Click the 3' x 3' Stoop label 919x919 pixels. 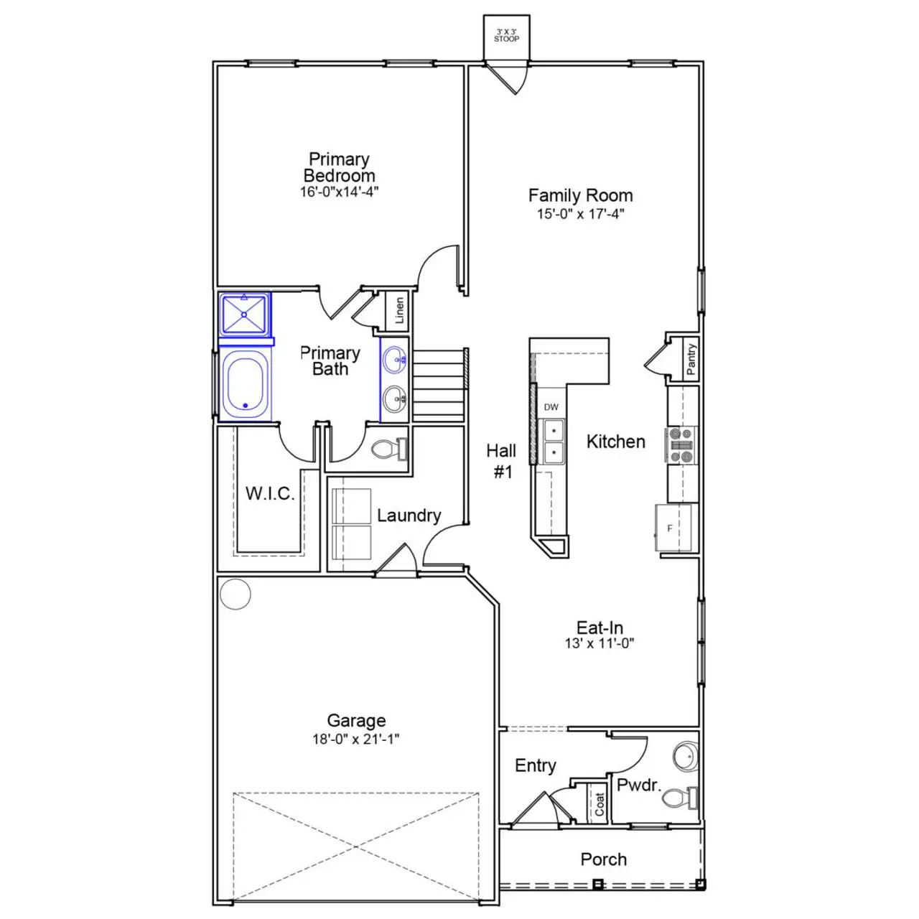click(506, 35)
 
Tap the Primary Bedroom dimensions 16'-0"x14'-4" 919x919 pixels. click(339, 192)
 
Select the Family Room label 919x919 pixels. click(580, 195)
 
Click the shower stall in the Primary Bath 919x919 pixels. click(246, 314)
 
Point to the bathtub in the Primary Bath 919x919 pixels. click(246, 383)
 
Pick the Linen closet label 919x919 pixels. click(399, 311)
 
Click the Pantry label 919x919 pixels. click(690, 359)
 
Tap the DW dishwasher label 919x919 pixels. click(551, 407)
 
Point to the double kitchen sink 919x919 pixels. click(553, 442)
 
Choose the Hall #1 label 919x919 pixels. click(501, 460)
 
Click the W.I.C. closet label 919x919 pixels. click(270, 494)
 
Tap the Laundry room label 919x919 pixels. click(409, 516)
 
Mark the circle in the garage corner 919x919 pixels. click(235, 594)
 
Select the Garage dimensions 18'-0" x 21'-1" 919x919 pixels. click(356, 740)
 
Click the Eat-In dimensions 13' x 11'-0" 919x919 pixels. click(600, 643)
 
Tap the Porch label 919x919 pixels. click(603, 859)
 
